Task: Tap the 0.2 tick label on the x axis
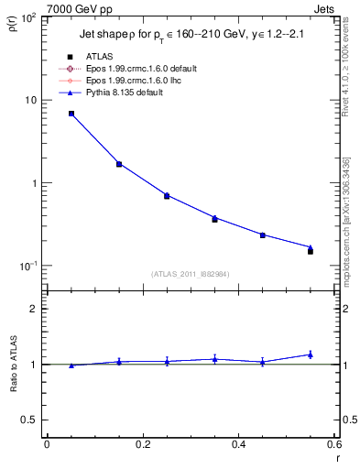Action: (142, 444)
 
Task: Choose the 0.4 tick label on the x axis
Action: (238, 444)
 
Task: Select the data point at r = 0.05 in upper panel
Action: (71, 114)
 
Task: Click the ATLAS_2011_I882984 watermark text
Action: (191, 274)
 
